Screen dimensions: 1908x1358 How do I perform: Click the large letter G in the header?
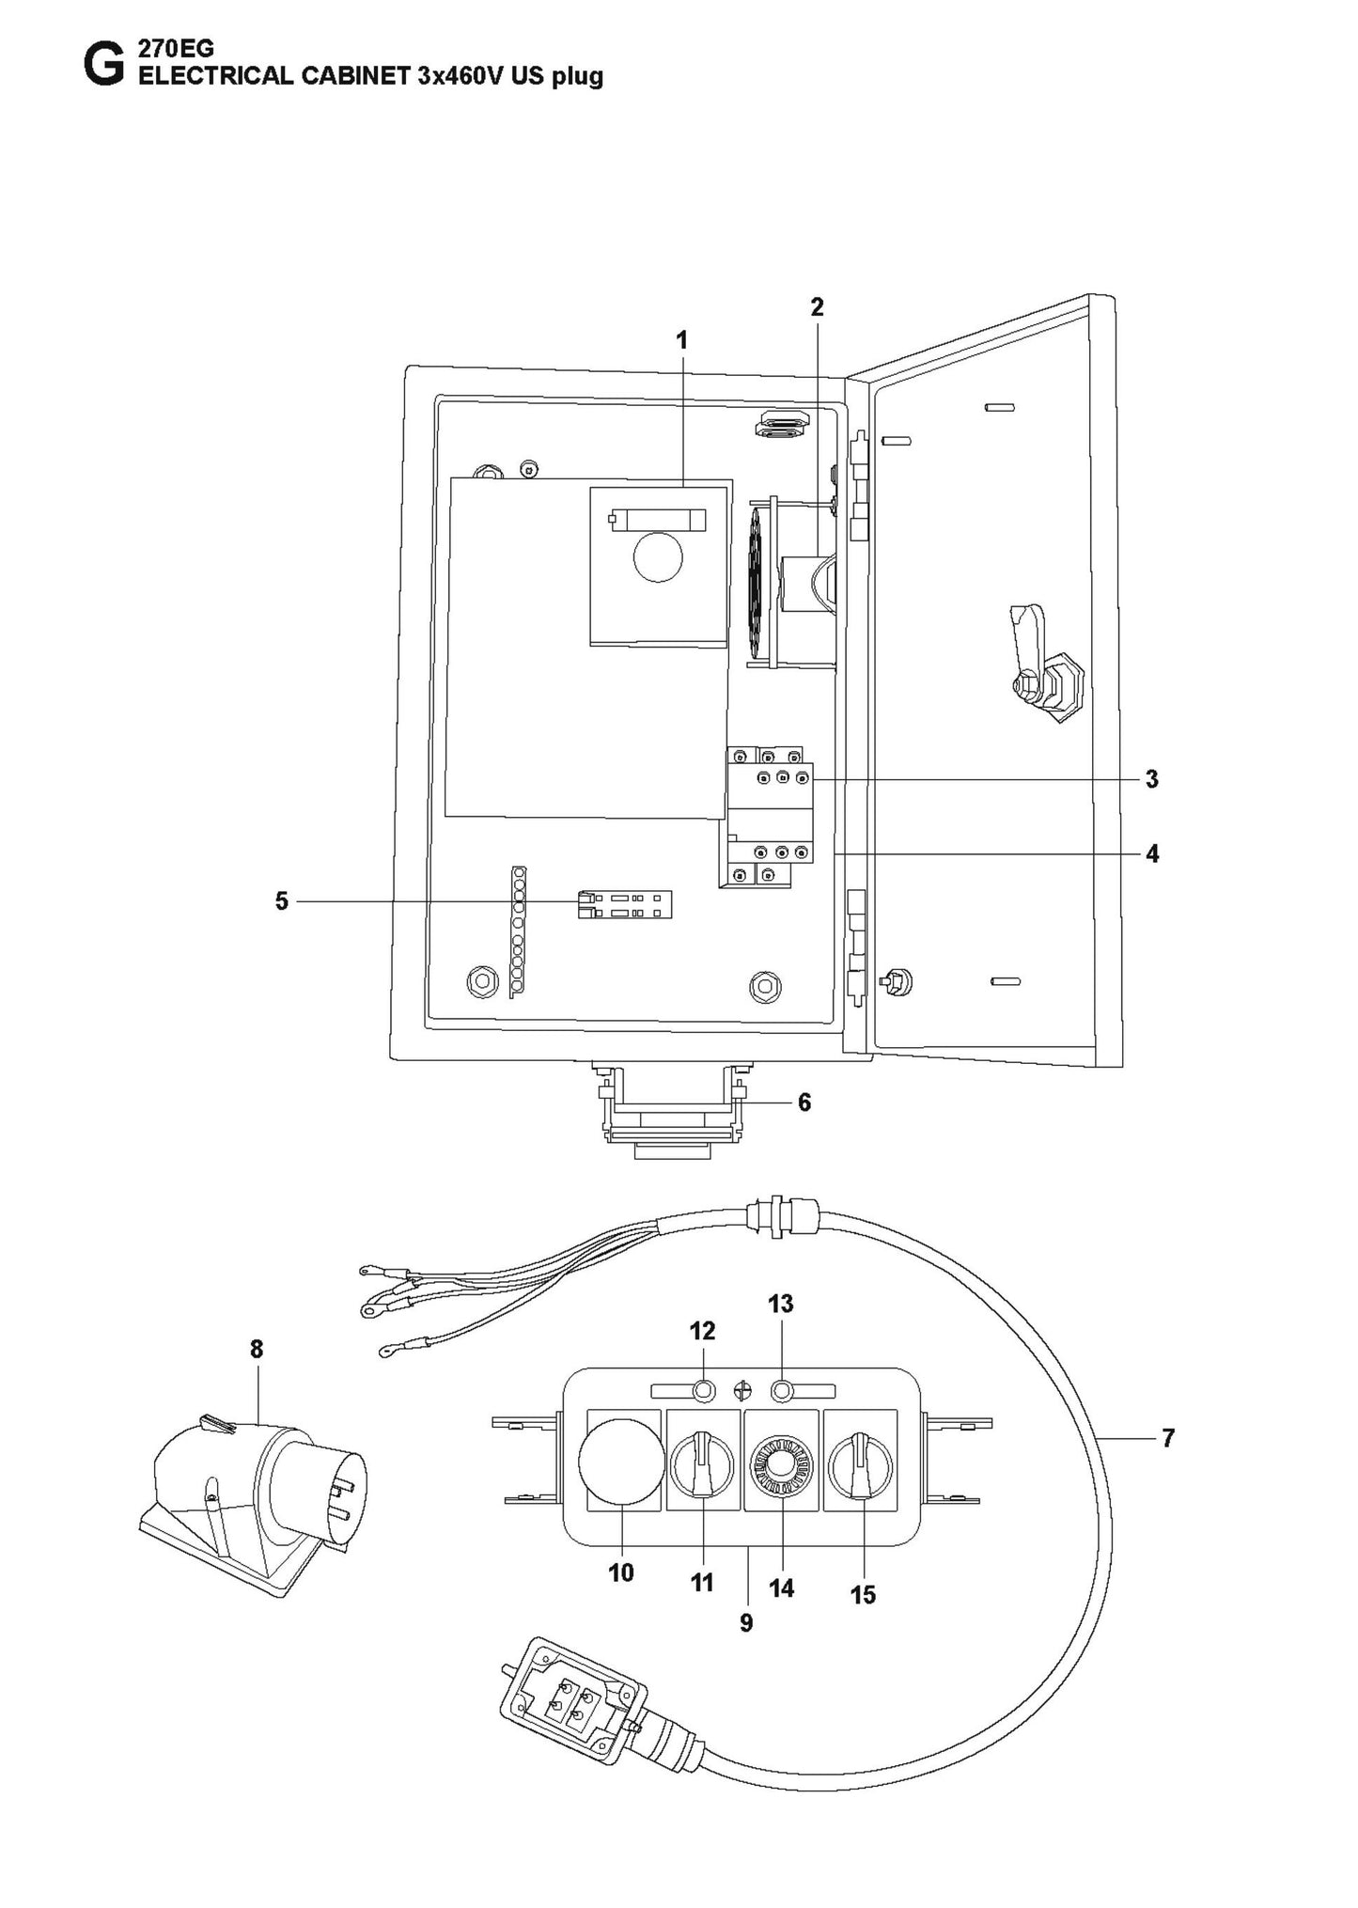point(101,65)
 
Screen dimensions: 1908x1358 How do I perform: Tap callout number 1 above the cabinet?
point(682,340)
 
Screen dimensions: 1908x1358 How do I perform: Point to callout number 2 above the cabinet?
point(817,306)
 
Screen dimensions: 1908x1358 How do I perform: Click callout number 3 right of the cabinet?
point(1151,779)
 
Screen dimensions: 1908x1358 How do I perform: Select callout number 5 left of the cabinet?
point(281,901)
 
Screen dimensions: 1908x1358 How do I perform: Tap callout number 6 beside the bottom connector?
point(804,1103)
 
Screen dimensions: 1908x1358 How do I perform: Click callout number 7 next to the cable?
point(1168,1438)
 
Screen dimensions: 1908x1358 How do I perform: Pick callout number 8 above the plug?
point(257,1350)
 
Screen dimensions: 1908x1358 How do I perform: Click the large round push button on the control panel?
point(621,1473)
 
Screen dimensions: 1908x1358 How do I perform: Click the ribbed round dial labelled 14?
point(782,1472)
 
